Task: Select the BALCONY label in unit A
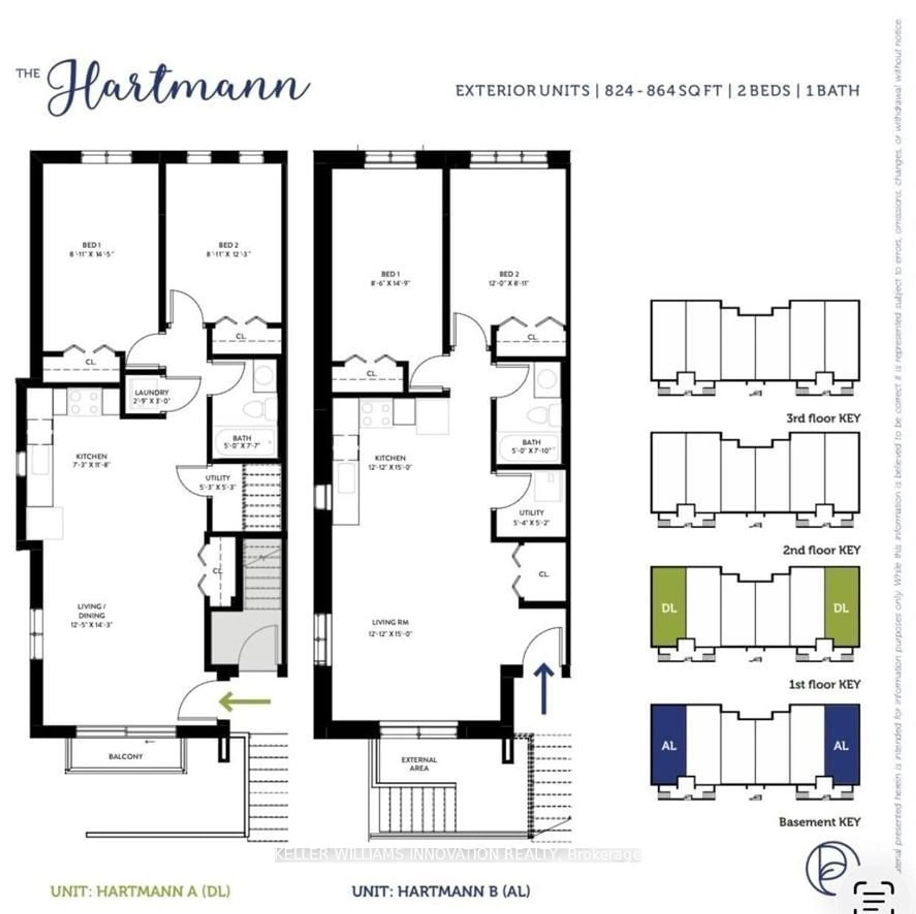[126, 757]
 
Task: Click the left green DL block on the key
[668, 608]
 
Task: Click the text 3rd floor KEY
[823, 418]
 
